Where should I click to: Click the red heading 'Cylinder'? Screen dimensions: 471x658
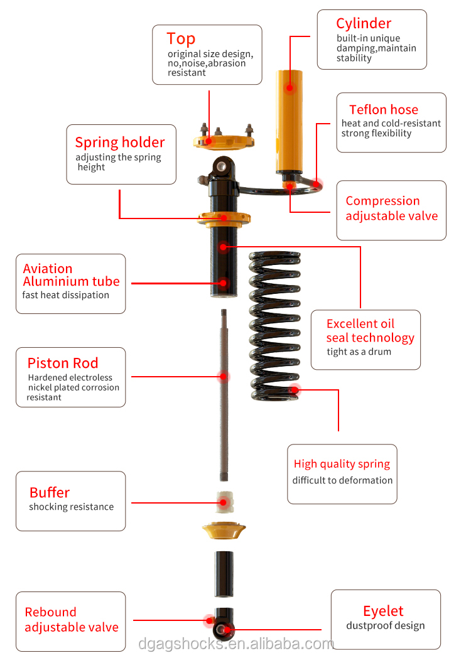pyautogui.click(x=364, y=24)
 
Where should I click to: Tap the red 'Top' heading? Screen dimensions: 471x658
pyautogui.click(x=181, y=38)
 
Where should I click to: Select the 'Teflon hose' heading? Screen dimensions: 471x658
pyautogui.click(x=384, y=109)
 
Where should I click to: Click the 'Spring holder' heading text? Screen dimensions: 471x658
pyautogui.click(x=120, y=143)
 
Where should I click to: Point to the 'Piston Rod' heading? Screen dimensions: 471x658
pyautogui.click(x=63, y=363)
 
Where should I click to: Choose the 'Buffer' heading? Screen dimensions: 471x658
pyautogui.click(x=50, y=492)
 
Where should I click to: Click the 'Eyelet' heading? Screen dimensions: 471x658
pyautogui.click(x=383, y=612)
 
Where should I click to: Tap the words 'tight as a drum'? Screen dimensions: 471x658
pyautogui.click(x=359, y=352)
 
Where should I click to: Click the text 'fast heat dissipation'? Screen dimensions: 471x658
pyautogui.click(x=65, y=295)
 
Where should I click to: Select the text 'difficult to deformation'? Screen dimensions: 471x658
pyautogui.click(x=342, y=480)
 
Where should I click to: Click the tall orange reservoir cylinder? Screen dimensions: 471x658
pyautogui.click(x=290, y=122)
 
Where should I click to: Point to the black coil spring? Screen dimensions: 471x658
pyautogui.click(x=275, y=325)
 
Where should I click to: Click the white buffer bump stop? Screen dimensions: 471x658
pyautogui.click(x=224, y=502)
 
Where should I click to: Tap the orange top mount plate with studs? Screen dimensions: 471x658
pyautogui.click(x=224, y=139)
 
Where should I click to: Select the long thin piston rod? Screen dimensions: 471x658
pyautogui.click(x=224, y=394)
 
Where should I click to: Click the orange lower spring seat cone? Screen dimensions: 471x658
pyautogui.click(x=224, y=531)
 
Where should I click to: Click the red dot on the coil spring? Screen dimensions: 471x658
pyautogui.click(x=295, y=390)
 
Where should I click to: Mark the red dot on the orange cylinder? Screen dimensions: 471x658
pyautogui.click(x=290, y=88)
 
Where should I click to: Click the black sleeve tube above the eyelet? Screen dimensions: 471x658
pyautogui.click(x=224, y=574)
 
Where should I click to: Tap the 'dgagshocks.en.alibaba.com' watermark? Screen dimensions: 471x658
pyautogui.click(x=236, y=644)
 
